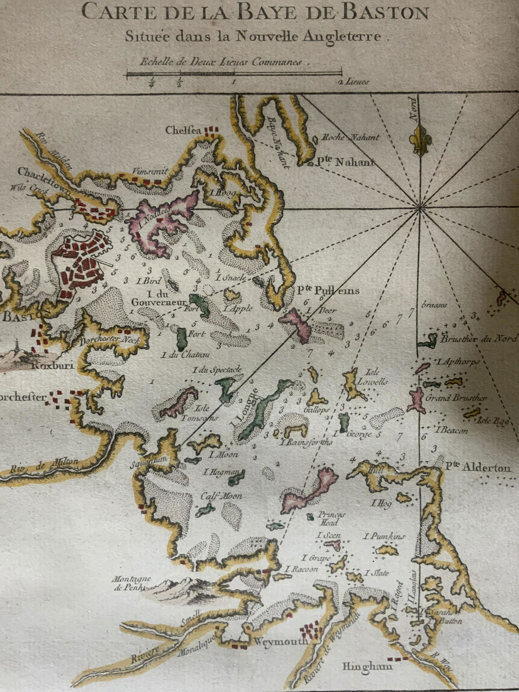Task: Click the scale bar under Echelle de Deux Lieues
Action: click(x=234, y=74)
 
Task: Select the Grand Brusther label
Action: click(x=456, y=398)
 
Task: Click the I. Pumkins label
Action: click(x=385, y=536)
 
